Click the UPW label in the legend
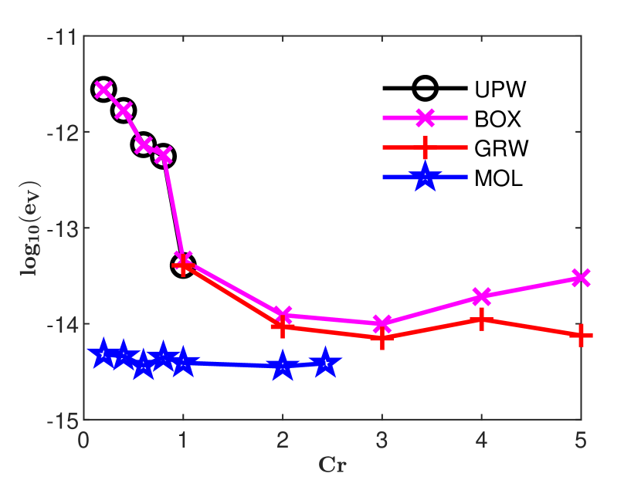coord(500,90)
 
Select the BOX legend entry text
coord(498,120)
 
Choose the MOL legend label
coord(499,179)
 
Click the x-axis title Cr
coord(332,465)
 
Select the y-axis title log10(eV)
coord(31,228)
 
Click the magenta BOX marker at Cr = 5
coord(581,278)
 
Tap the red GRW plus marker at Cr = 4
coord(481,319)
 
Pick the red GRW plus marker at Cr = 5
coord(581,335)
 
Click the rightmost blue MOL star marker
coord(325,363)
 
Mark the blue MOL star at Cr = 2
coord(283,367)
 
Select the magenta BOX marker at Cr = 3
coord(382,324)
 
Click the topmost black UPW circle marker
coord(103,90)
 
